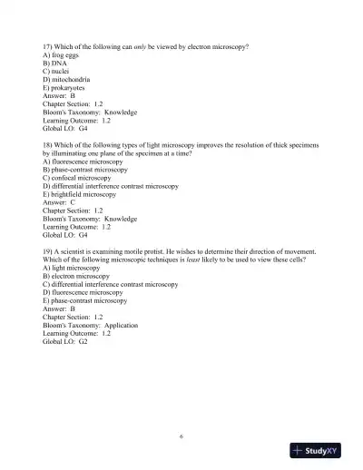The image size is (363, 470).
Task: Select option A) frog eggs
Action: coord(63,55)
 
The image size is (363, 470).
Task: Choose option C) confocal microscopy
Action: coord(84,178)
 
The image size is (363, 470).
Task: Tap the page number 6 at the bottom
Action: coord(181,435)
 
